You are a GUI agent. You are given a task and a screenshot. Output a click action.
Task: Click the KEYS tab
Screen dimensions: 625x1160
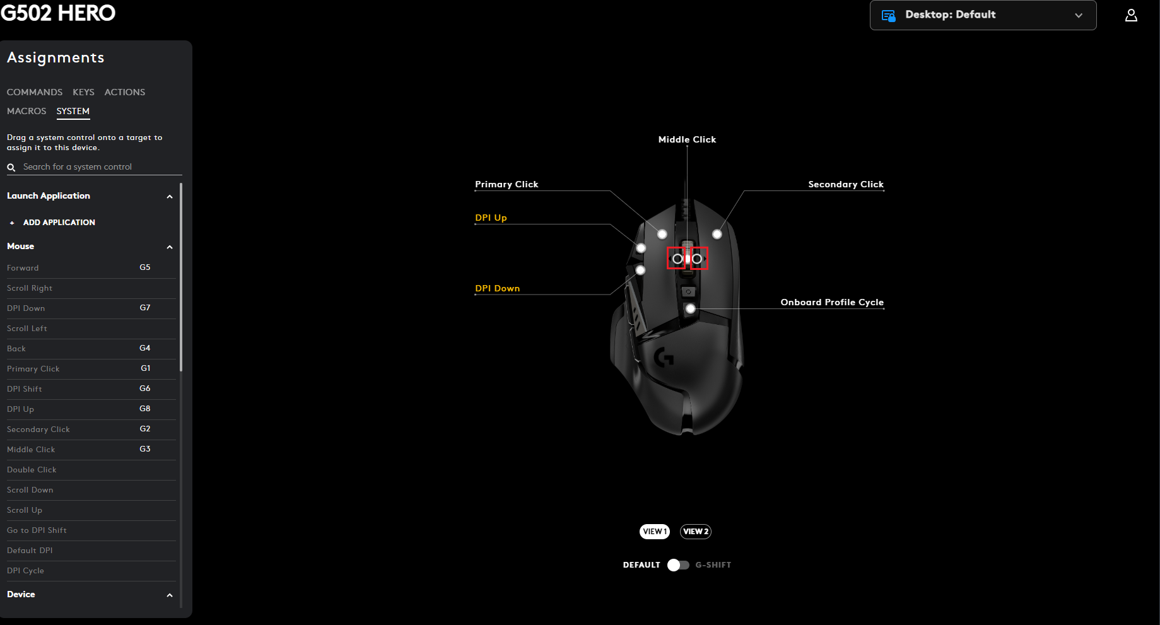point(83,92)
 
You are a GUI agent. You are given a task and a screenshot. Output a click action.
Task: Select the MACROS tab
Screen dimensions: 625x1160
point(26,111)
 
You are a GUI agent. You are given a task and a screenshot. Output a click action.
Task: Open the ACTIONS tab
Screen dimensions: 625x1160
point(125,92)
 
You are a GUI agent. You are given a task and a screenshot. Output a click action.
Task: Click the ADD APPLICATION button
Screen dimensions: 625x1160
point(59,223)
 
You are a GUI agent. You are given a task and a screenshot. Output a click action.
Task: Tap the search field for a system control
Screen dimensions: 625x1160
point(95,167)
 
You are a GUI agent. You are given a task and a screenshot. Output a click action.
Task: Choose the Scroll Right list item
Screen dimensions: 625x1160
point(30,288)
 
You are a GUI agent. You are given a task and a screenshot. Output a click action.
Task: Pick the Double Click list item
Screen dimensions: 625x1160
point(32,470)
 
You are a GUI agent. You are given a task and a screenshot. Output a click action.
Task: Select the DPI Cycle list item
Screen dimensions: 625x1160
point(25,571)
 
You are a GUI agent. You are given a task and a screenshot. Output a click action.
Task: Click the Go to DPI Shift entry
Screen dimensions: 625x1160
point(37,530)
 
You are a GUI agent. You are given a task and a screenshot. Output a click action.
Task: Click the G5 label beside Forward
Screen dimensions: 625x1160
point(145,267)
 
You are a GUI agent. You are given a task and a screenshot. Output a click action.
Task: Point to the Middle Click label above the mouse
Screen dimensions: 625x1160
point(687,139)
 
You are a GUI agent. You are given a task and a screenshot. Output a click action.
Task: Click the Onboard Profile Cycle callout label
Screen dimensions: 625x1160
point(832,302)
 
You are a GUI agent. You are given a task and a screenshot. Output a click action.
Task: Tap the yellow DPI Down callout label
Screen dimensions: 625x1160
point(497,288)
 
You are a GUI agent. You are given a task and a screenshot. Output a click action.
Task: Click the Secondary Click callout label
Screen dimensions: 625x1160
point(846,184)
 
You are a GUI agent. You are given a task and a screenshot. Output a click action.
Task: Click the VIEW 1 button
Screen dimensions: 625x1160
point(654,532)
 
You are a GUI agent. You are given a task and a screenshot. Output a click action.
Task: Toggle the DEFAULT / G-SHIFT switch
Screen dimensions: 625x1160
point(678,565)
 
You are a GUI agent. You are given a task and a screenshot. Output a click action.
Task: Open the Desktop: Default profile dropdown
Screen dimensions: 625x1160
point(983,15)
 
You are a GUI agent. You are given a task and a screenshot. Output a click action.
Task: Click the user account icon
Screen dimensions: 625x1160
point(1131,15)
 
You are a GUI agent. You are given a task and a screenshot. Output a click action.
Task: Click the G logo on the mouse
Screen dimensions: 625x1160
point(664,358)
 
